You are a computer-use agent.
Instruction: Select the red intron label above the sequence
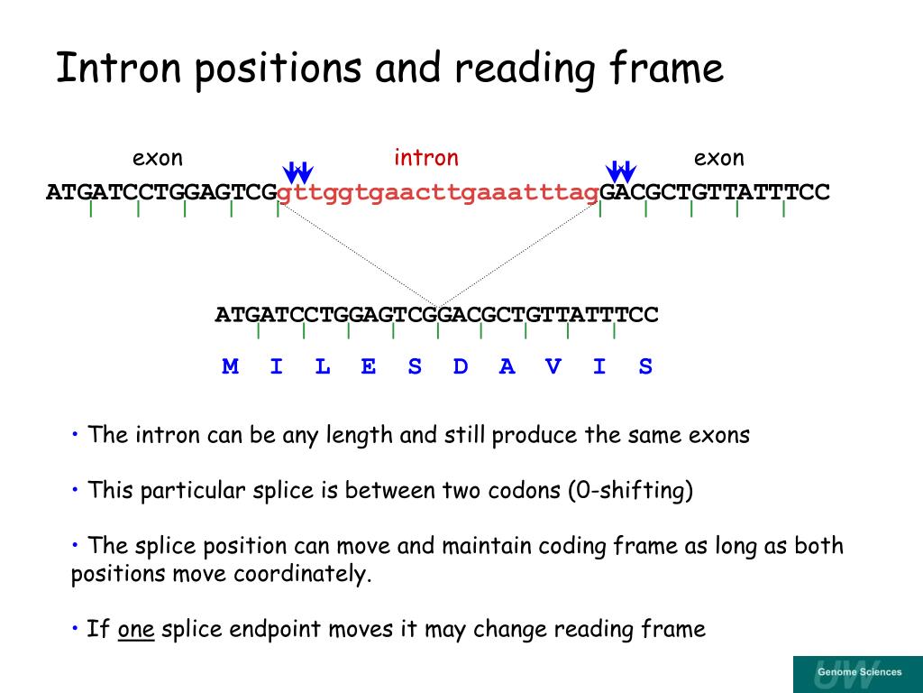point(425,159)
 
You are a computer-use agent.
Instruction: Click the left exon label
point(158,159)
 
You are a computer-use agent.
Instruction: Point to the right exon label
point(718,159)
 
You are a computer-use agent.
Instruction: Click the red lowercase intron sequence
point(439,192)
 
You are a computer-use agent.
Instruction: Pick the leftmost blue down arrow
point(292,171)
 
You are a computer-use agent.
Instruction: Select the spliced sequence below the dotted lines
point(436,315)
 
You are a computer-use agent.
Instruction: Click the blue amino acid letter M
point(231,366)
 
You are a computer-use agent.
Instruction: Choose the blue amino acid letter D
point(461,366)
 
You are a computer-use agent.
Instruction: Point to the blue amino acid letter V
point(553,366)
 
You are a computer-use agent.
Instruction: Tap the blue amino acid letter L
point(323,366)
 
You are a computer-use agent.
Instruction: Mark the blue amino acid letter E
point(369,366)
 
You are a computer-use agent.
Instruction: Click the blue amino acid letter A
point(507,366)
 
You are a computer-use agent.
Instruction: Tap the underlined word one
point(136,629)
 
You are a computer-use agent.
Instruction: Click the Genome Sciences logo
point(857,673)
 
